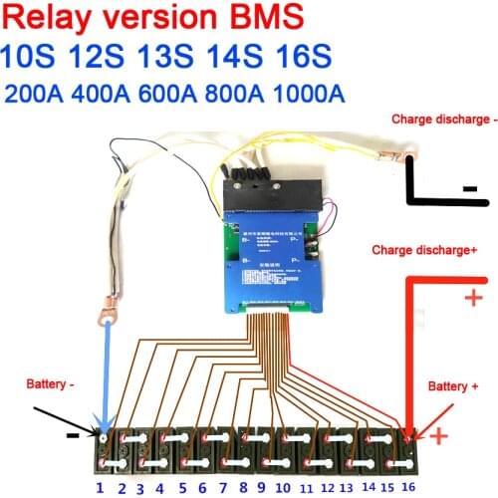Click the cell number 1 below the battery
coord(100,487)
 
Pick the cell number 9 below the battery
coord(260,487)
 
